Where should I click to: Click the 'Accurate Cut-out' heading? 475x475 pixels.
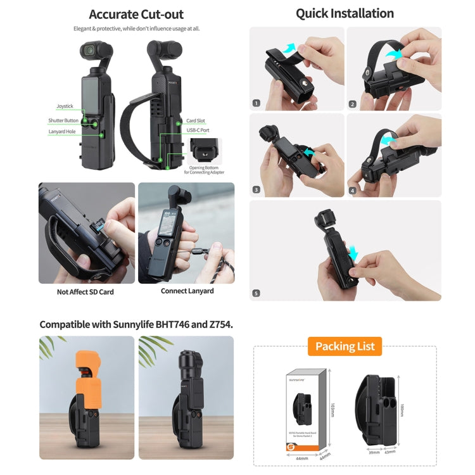tap(136, 14)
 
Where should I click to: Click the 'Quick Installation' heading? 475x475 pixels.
tap(345, 13)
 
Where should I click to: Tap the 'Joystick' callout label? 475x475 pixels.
tap(65, 107)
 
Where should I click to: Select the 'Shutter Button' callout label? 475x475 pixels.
tap(63, 120)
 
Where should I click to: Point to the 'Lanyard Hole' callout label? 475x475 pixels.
tap(62, 132)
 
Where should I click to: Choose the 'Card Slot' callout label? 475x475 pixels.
tap(195, 120)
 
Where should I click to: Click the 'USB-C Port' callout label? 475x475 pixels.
tap(198, 130)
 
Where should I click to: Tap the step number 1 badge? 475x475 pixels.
tap(256, 103)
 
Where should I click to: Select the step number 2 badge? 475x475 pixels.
tap(353, 104)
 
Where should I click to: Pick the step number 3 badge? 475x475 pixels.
tap(256, 189)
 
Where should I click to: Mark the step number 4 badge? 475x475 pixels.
tap(353, 189)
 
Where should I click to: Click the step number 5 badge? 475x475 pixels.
tap(256, 293)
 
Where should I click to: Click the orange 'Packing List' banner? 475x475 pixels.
tap(345, 346)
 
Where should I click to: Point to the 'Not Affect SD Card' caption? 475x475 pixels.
tap(86, 291)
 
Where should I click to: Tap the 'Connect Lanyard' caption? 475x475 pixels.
tap(187, 291)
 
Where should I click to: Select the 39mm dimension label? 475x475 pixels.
tap(375, 453)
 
